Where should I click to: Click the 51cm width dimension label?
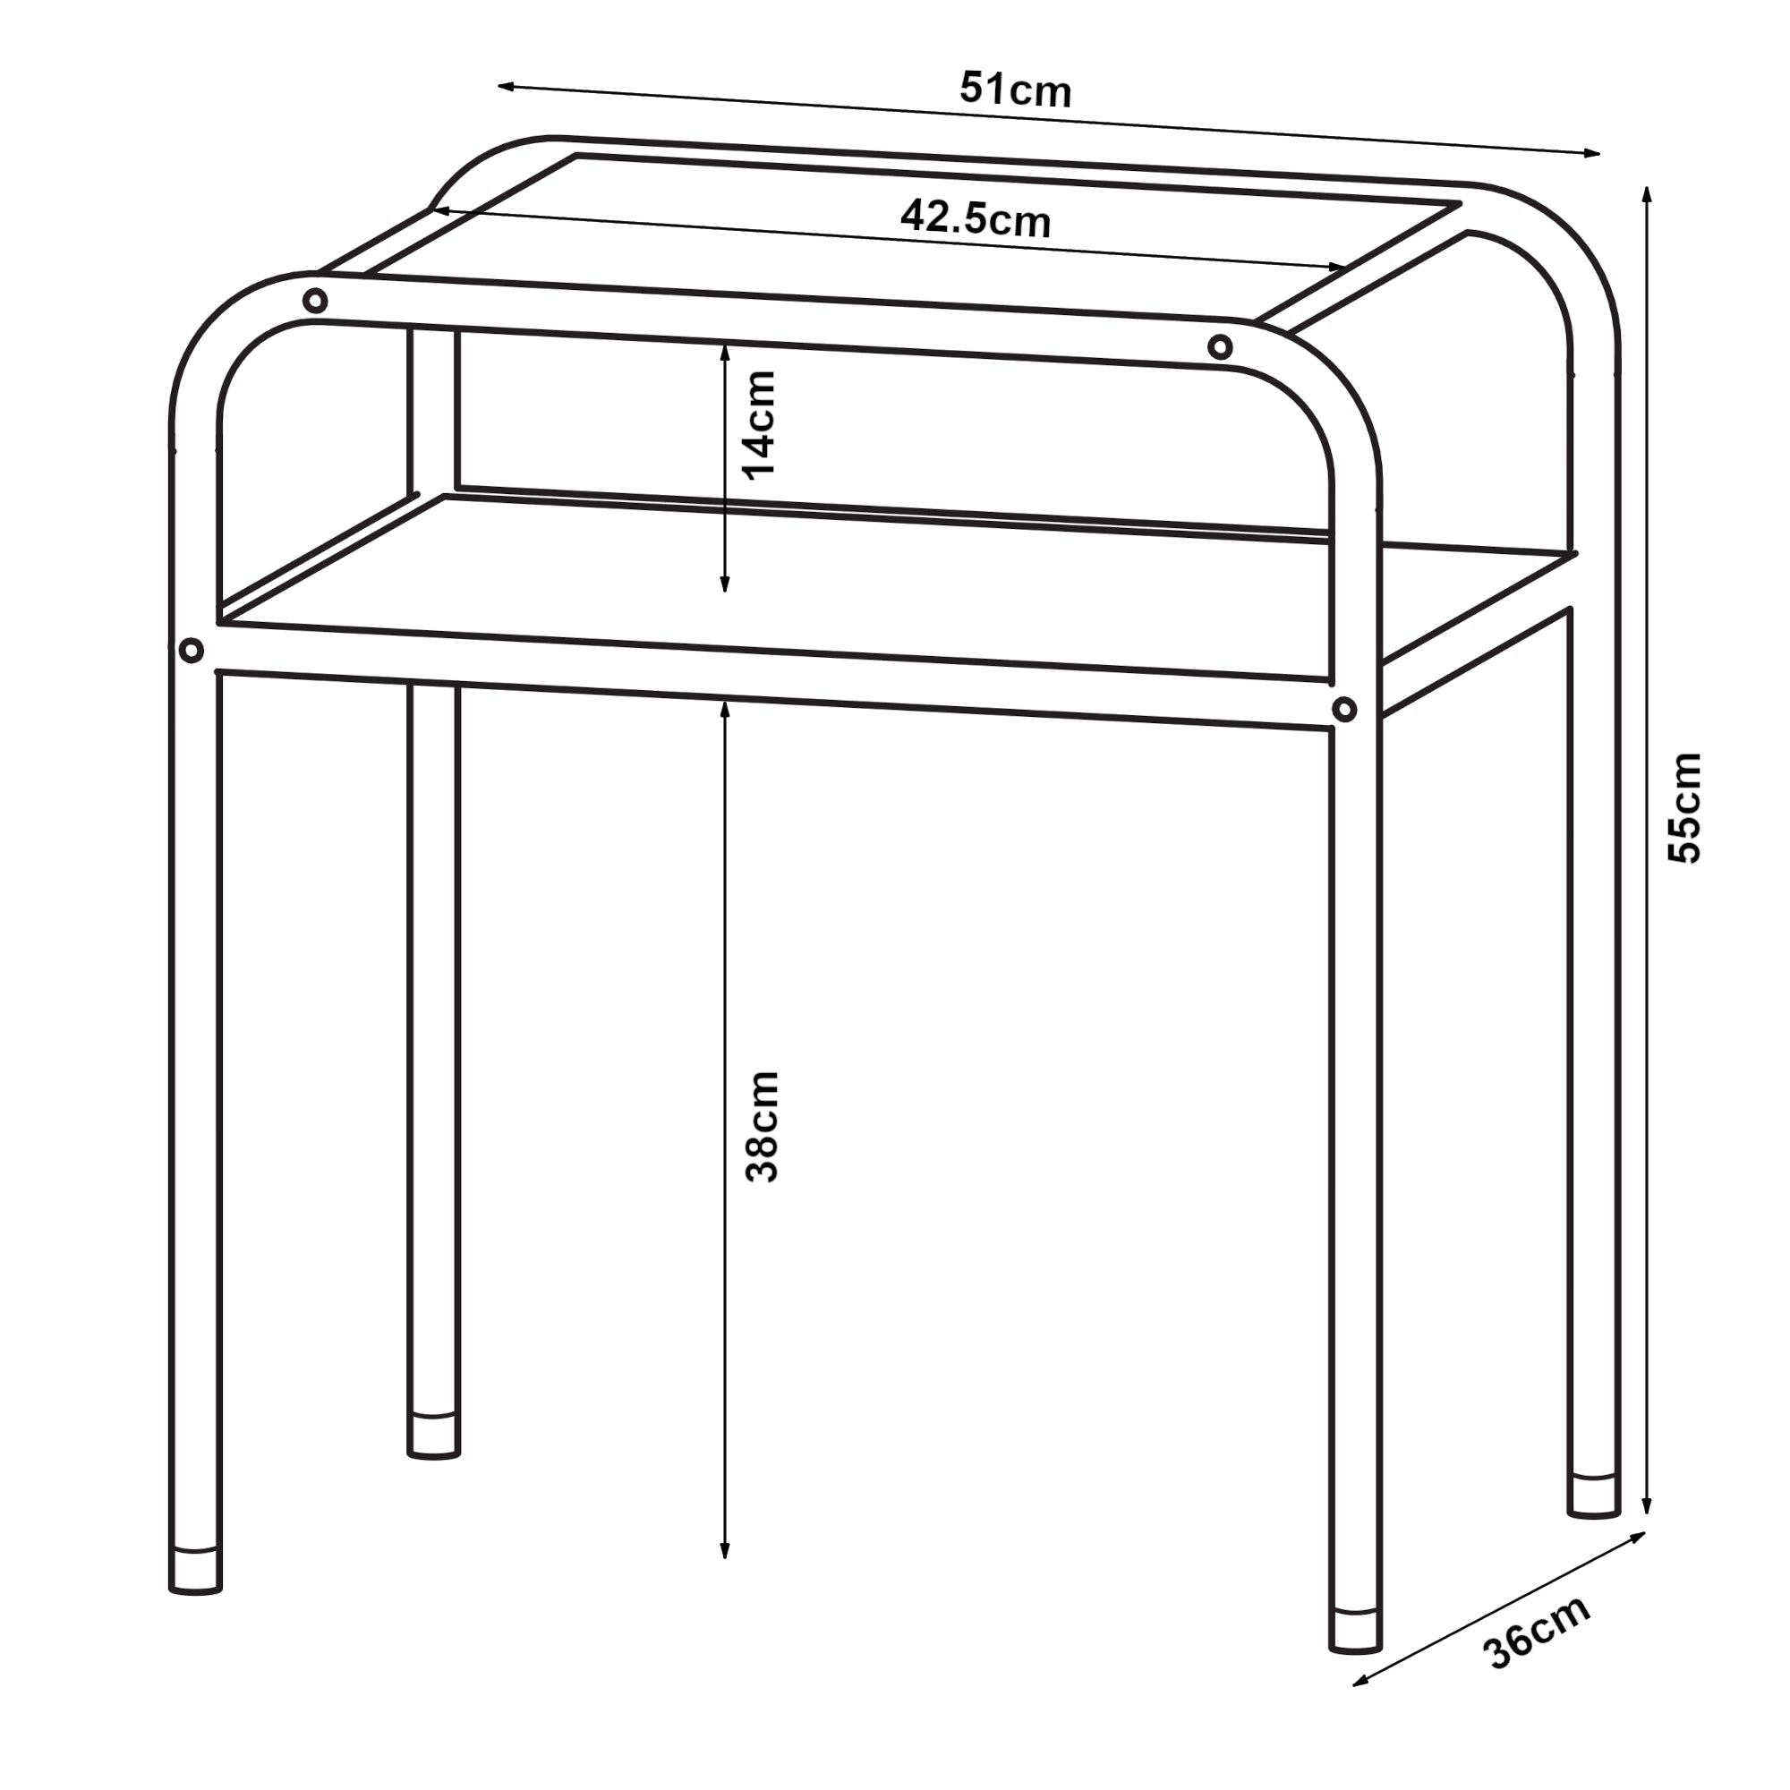pyautogui.click(x=1016, y=89)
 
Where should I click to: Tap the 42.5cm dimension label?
pyautogui.click(x=976, y=219)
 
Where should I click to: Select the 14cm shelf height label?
pyautogui.click(x=761, y=423)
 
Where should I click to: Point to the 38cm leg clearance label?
pyautogui.click(x=763, y=1127)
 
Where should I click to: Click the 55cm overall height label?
pyautogui.click(x=1684, y=808)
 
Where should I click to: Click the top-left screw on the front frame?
pyautogui.click(x=315, y=301)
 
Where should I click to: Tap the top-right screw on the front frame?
pyautogui.click(x=1220, y=347)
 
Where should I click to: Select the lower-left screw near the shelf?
pyautogui.click(x=191, y=651)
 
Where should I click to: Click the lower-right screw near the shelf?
pyautogui.click(x=1344, y=711)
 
